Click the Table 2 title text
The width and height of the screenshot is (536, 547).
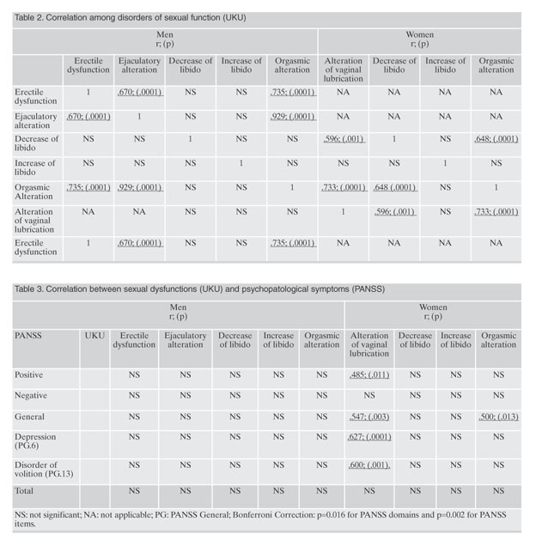click(131, 18)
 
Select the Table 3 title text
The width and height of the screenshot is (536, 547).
click(199, 289)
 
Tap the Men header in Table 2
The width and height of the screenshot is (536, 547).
click(165, 40)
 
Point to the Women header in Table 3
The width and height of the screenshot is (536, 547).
click(433, 312)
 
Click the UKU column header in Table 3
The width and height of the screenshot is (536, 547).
click(94, 336)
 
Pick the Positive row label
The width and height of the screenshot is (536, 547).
click(28, 374)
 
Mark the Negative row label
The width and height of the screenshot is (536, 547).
click(31, 395)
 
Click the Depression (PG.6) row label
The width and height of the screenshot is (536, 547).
click(35, 441)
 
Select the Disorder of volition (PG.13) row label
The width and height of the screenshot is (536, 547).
click(44, 469)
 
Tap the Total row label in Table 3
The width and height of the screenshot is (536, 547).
click(24, 491)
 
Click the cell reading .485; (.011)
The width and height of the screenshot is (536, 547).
click(369, 375)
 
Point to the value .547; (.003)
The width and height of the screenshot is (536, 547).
click(369, 416)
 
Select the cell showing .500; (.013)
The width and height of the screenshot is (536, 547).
click(498, 416)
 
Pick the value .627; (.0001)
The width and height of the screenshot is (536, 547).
click(369, 437)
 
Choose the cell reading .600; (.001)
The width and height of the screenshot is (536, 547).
click(369, 465)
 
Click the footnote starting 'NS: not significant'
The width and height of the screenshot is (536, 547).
click(260, 519)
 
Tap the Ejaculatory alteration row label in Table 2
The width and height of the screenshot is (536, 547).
click(35, 121)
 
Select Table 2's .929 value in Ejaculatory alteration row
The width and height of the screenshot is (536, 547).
click(292, 117)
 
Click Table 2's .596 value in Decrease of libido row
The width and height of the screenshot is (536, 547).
click(344, 139)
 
